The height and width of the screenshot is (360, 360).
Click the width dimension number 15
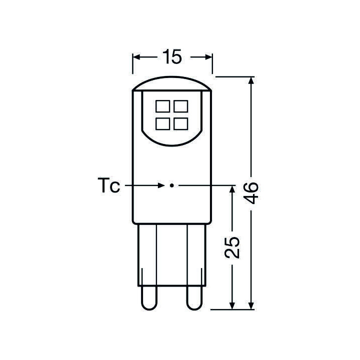[171, 57]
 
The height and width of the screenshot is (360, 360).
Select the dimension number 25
[232, 246]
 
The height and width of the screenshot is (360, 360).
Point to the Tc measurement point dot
[171, 185]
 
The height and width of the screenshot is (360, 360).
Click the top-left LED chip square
[162, 106]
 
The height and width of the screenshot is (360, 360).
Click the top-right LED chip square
[180, 106]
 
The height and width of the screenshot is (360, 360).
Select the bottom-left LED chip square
[162, 123]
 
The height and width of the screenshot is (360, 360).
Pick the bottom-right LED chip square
[180, 123]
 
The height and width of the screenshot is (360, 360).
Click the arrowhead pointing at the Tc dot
[161, 185]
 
